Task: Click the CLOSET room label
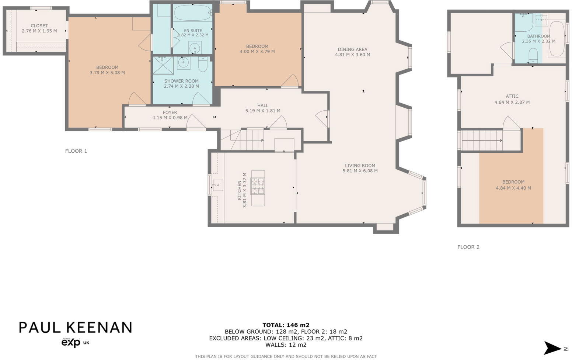(x=39, y=26)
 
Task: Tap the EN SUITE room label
(x=193, y=31)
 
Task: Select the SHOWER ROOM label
(x=181, y=81)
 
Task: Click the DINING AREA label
(x=352, y=49)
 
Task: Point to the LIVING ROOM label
(x=360, y=166)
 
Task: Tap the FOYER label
(x=170, y=112)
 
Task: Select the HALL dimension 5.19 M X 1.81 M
(x=263, y=111)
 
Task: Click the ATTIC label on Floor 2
(x=512, y=96)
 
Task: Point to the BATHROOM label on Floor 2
(x=538, y=36)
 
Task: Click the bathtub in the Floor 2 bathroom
(x=557, y=39)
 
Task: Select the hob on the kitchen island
(x=258, y=186)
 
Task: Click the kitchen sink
(x=217, y=185)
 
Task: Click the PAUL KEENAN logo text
(x=76, y=327)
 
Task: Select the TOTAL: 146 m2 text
(x=286, y=325)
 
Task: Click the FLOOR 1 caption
(x=76, y=151)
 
